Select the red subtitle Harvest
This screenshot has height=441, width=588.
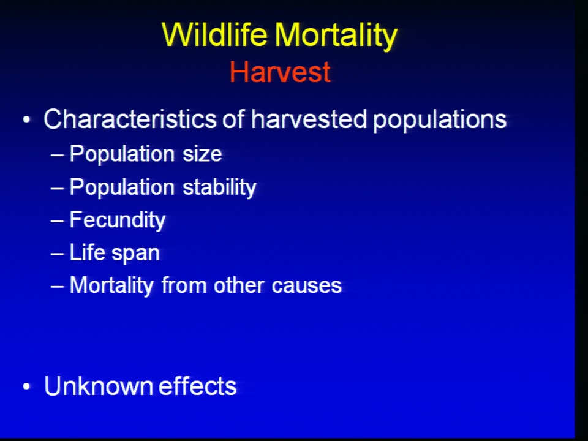pyautogui.click(x=280, y=72)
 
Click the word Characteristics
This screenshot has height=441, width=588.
pyautogui.click(x=130, y=119)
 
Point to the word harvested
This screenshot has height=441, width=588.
pyautogui.click(x=309, y=119)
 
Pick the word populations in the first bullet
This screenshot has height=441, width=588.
pyautogui.click(x=440, y=121)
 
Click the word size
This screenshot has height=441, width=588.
pyautogui.click(x=202, y=154)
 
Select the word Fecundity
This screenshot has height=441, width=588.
pyautogui.click(x=118, y=220)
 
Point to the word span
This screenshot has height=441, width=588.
pyautogui.click(x=135, y=254)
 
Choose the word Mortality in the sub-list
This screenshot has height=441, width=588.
pyautogui.click(x=111, y=286)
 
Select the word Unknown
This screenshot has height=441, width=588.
pyautogui.click(x=98, y=386)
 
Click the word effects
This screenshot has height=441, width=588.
pyautogui.click(x=198, y=386)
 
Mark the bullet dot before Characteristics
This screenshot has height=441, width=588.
pyautogui.click(x=26, y=120)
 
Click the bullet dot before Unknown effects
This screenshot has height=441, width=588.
pyautogui.click(x=26, y=386)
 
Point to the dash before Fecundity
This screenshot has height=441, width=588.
pyautogui.click(x=57, y=221)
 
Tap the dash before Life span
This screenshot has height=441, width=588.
pyautogui.click(x=57, y=254)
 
